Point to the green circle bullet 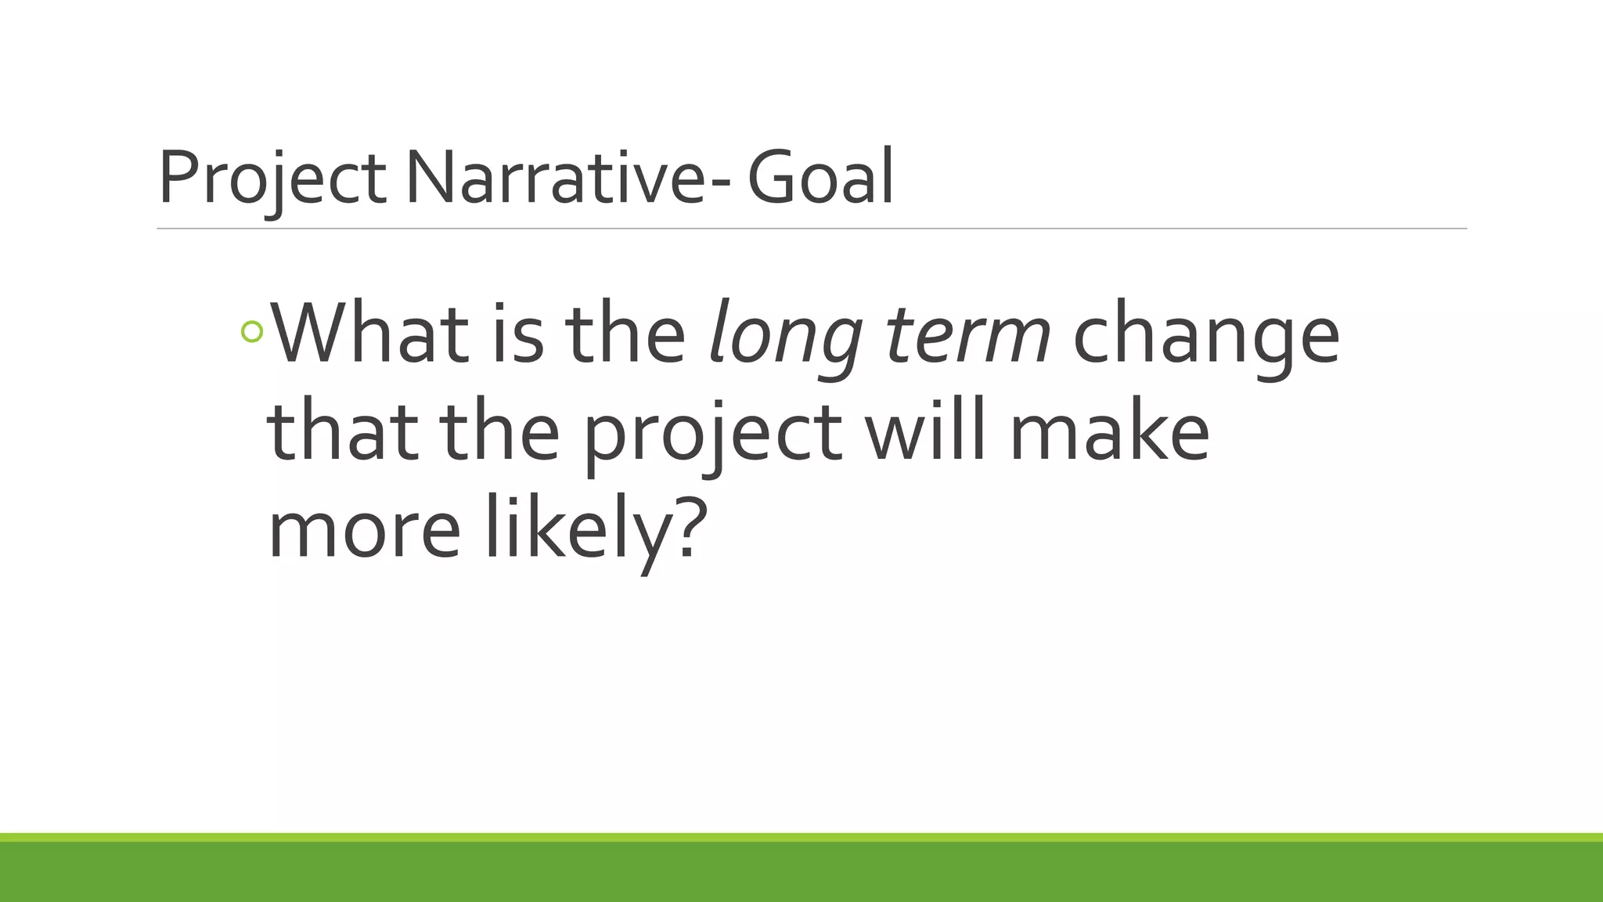pos(252,332)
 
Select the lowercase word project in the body pos(713,435)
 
